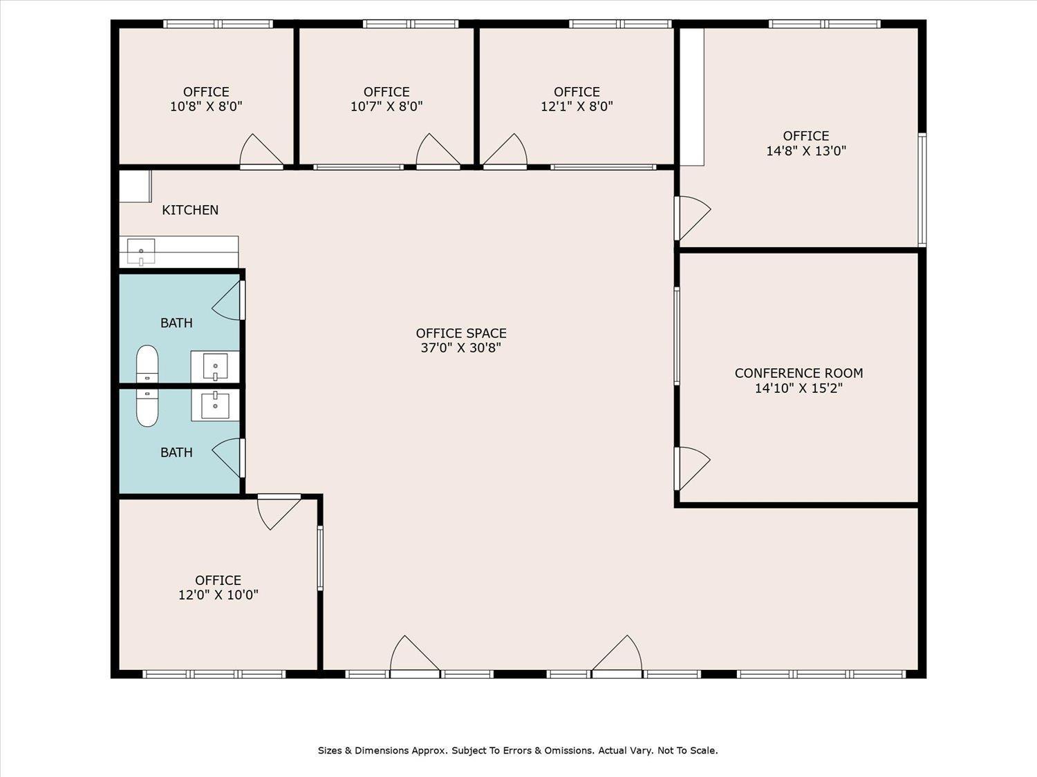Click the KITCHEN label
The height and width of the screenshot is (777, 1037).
[190, 210]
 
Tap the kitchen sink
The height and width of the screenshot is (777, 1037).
[141, 251]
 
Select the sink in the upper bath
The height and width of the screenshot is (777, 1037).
[215, 366]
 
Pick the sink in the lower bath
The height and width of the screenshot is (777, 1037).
[215, 405]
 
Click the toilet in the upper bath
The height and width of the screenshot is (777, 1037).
[147, 364]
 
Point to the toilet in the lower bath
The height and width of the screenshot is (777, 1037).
[147, 407]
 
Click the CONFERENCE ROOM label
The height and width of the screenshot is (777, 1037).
[799, 373]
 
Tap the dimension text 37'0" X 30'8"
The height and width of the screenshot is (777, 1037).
[461, 348]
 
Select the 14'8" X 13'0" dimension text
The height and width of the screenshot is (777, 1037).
[806, 151]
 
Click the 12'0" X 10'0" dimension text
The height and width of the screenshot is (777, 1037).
[218, 595]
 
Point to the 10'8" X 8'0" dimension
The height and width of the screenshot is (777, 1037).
[206, 106]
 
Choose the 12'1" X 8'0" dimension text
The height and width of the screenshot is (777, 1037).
[577, 106]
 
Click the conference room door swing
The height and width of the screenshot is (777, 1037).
[691, 468]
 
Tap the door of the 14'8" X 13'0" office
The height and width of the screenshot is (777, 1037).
[692, 218]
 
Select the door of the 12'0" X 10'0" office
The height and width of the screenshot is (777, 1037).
[279, 512]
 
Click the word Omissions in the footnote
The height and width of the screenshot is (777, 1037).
[571, 751]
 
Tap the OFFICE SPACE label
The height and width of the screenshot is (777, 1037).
[461, 334]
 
